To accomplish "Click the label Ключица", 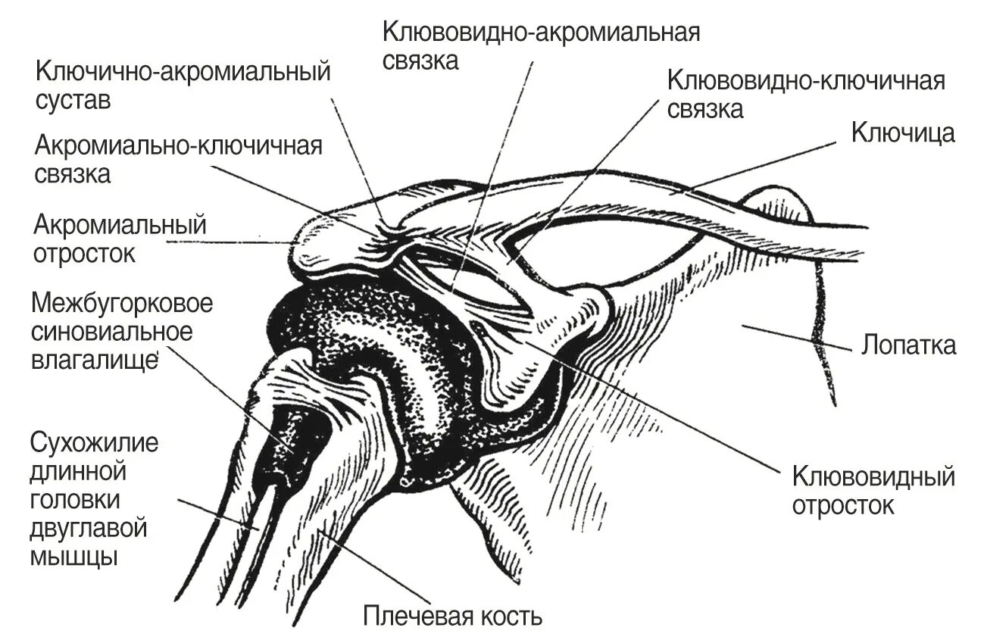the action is pyautogui.click(x=903, y=133).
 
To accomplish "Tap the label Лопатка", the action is pyautogui.click(x=908, y=345).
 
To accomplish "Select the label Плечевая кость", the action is pyautogui.click(x=452, y=616).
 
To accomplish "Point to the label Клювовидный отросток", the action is pyautogui.click(x=873, y=491).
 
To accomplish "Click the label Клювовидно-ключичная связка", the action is pyautogui.click(x=806, y=94).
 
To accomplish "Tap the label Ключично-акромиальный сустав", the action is pyautogui.click(x=183, y=86).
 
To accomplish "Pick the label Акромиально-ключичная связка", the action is pyautogui.click(x=179, y=159).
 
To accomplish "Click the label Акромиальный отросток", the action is pyautogui.click(x=120, y=238).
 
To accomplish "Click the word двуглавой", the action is pyautogui.click(x=88, y=529).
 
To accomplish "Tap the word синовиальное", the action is pyautogui.click(x=111, y=331).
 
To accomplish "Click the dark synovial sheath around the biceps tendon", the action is pyautogui.click(x=292, y=439).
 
